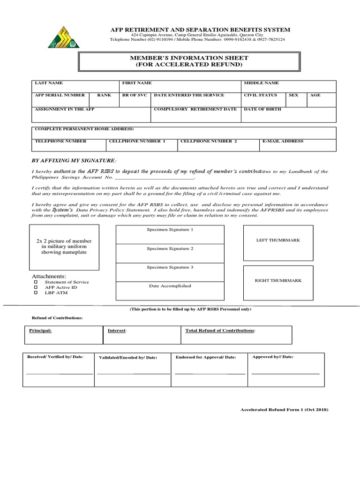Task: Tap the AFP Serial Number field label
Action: [x=60, y=95]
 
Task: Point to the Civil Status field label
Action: [x=260, y=95]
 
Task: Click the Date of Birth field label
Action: [x=262, y=109]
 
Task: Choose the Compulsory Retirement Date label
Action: [x=195, y=109]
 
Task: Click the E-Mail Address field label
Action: [x=283, y=141]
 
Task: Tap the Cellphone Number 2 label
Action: [x=209, y=141]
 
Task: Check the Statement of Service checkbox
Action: [x=35, y=283]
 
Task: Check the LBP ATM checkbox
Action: [x=35, y=293]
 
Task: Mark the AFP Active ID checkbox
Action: [x=35, y=288]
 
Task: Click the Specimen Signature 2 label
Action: [x=170, y=248]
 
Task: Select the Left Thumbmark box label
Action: [x=278, y=240]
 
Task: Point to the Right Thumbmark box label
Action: [x=278, y=280]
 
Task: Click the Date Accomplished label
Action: [x=170, y=286]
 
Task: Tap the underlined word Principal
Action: [x=40, y=330]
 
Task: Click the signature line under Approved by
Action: [x=285, y=374]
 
